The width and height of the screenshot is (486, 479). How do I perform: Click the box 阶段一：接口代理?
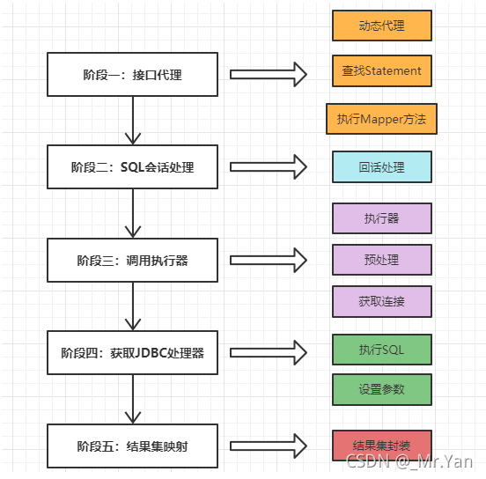(x=132, y=75)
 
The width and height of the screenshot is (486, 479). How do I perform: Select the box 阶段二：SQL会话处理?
(x=132, y=167)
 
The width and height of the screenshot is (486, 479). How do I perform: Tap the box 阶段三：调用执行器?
(x=132, y=261)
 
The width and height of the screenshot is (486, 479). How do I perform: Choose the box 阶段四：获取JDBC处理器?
(x=132, y=353)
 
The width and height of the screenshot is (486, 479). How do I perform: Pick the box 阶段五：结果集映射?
(x=132, y=446)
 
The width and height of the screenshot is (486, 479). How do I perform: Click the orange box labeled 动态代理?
(x=381, y=26)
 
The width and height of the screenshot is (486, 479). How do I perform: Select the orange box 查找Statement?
(x=381, y=71)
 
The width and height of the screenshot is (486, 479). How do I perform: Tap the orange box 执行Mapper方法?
(x=381, y=119)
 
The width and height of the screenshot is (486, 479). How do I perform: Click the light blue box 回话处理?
(x=381, y=166)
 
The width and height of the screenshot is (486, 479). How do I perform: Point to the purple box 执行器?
(x=381, y=218)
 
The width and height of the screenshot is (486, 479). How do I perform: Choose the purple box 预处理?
(x=381, y=260)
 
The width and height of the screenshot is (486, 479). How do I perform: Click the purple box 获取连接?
(x=381, y=301)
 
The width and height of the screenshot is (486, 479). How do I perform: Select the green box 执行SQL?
(x=381, y=350)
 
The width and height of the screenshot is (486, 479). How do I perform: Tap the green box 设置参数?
(x=381, y=389)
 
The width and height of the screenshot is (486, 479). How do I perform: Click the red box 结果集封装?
(x=381, y=446)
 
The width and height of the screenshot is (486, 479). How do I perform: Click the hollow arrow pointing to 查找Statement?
(x=268, y=74)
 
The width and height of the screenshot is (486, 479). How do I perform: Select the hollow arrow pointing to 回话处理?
(x=268, y=166)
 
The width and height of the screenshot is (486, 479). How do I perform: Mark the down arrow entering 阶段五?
(x=132, y=400)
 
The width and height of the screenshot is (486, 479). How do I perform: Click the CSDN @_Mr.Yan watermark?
(x=409, y=461)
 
